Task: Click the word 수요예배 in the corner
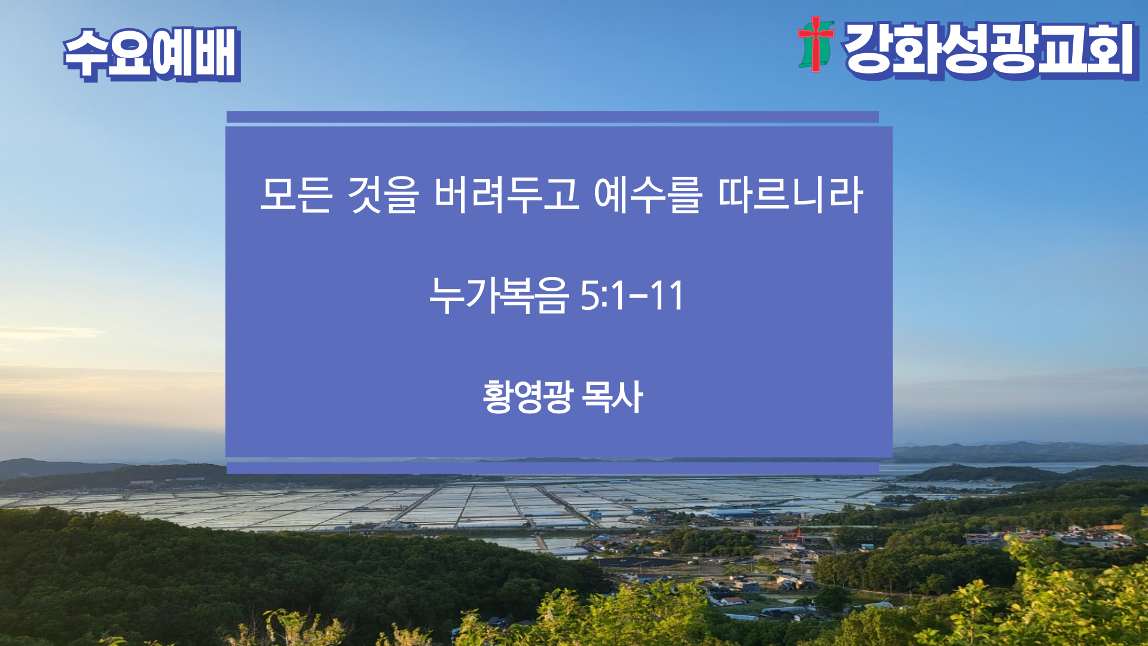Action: pyautogui.click(x=152, y=54)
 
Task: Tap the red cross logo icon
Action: pyautogui.click(x=816, y=44)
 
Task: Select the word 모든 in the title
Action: pyautogui.click(x=296, y=194)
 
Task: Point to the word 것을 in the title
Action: pyautogui.click(x=383, y=194)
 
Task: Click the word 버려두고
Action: pyautogui.click(x=507, y=194)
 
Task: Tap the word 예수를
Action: pyautogui.click(x=648, y=194)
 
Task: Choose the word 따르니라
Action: pyautogui.click(x=790, y=194)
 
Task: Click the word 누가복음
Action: pyautogui.click(x=497, y=295)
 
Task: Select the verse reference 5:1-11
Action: pyautogui.click(x=632, y=295)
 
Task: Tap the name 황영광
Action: pyautogui.click(x=528, y=396)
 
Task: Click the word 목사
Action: pyautogui.click(x=612, y=396)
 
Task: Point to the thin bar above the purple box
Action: pyautogui.click(x=552, y=117)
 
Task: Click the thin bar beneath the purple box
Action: pyautogui.click(x=552, y=468)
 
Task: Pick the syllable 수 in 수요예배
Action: pyautogui.click(x=86, y=54)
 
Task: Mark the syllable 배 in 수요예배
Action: pyautogui.click(x=217, y=54)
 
